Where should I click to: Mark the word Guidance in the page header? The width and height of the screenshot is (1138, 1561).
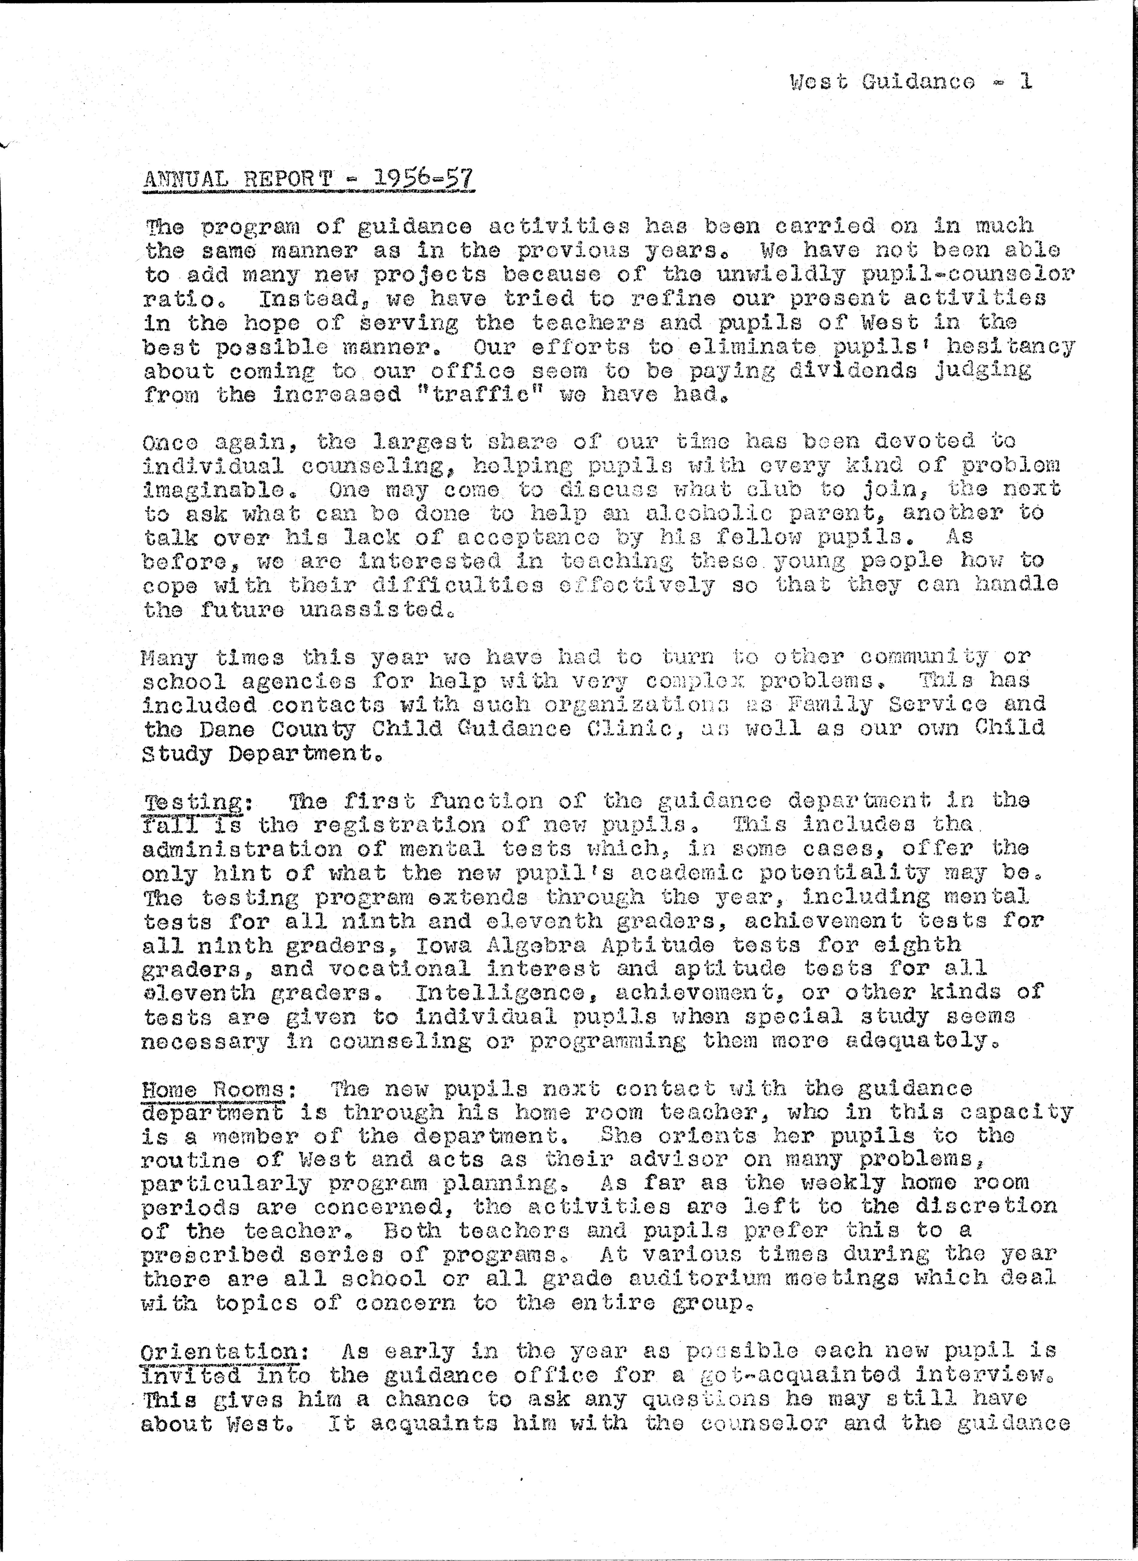click(918, 81)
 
